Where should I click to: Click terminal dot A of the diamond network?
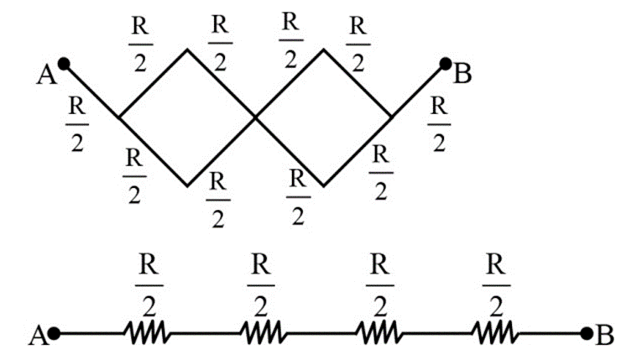[63, 63]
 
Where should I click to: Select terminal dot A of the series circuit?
[55, 334]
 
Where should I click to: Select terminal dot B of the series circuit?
[587, 334]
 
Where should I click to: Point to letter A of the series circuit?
[37, 337]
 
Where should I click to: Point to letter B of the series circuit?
[605, 337]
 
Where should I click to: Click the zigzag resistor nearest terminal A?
[148, 334]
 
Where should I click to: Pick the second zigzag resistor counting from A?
[262, 334]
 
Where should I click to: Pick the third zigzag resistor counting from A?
[379, 334]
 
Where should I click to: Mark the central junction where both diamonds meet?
[255, 117]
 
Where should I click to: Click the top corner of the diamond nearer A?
[187, 50]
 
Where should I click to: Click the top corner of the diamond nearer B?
[324, 50]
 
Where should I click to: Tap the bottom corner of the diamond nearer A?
[187, 185]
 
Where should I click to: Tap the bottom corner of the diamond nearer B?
[324, 185]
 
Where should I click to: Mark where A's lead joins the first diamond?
[120, 117]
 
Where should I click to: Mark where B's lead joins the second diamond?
[391, 117]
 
